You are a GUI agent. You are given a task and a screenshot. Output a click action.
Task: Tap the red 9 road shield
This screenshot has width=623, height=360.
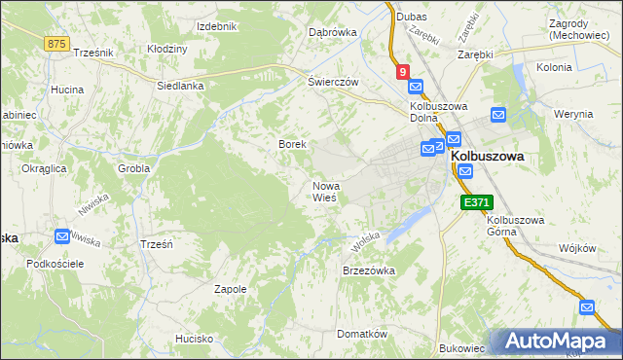coord(402,71)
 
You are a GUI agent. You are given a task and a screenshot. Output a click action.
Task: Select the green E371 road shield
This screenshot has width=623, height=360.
coord(477,202)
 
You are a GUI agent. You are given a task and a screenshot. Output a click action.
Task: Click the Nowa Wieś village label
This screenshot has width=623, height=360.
coord(325,191)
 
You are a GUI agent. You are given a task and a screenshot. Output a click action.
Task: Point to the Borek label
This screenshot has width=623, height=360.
coord(293,144)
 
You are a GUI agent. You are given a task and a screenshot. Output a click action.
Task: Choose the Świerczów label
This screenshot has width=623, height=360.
coord(334,82)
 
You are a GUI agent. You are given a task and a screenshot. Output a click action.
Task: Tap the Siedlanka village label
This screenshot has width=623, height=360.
coord(180,86)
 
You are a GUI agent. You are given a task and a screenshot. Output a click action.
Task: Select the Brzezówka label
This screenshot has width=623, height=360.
coord(368,270)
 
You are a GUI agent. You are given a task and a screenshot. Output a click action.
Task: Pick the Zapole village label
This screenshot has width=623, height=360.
coord(231,289)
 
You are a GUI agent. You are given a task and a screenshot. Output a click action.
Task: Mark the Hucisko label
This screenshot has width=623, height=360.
coord(194,339)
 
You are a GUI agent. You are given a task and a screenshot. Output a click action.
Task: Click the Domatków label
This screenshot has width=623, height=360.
coord(362,334)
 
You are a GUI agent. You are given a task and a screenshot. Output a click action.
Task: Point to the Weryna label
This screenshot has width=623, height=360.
coord(573,114)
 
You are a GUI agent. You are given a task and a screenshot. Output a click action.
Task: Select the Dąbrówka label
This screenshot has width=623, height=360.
coord(332,32)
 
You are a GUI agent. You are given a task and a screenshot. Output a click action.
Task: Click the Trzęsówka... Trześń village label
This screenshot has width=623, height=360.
coord(156,244)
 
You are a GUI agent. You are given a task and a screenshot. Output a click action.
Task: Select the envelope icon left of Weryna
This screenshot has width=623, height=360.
coord(498,114)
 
